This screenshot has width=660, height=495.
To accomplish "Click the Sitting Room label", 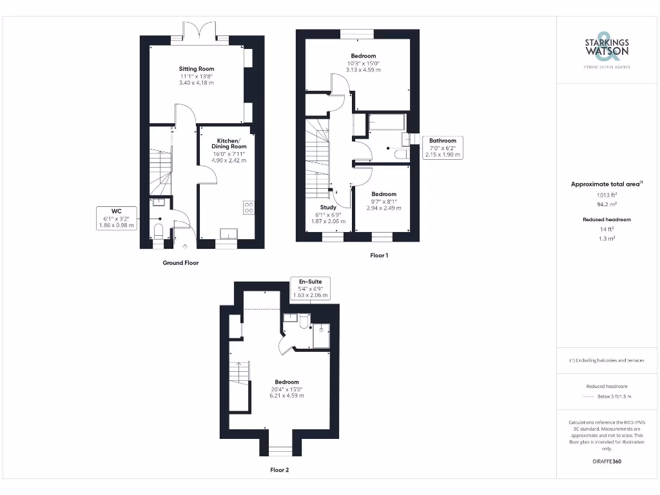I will [197, 68].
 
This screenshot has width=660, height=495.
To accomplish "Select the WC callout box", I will [116, 218].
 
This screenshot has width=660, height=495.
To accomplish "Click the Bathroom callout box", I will [442, 148].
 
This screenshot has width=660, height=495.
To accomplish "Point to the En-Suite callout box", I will [311, 288].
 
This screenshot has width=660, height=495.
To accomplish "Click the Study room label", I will [320, 207].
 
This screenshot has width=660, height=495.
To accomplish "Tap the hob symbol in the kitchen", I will [248, 207].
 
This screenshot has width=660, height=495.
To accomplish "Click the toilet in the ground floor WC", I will [159, 232].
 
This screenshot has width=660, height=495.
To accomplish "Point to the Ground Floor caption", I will [180, 263].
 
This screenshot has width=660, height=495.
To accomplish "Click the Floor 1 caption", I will [379, 255].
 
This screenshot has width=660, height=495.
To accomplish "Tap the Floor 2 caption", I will [279, 470].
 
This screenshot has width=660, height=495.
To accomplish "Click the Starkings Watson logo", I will [607, 49].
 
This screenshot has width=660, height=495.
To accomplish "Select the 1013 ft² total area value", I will [607, 194].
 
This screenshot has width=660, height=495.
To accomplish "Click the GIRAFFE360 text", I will [607, 461].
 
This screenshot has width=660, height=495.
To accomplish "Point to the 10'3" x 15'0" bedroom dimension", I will [364, 63].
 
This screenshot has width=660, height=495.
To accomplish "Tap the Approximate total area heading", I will [607, 184].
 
